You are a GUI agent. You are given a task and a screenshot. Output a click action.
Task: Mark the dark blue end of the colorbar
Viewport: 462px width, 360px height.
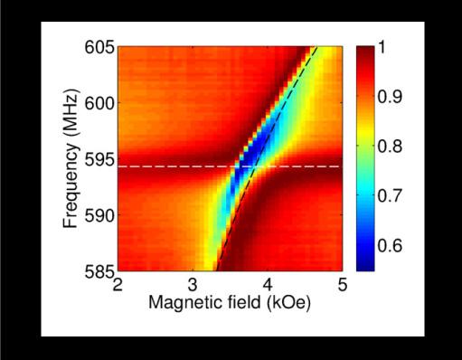(x=364, y=265)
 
